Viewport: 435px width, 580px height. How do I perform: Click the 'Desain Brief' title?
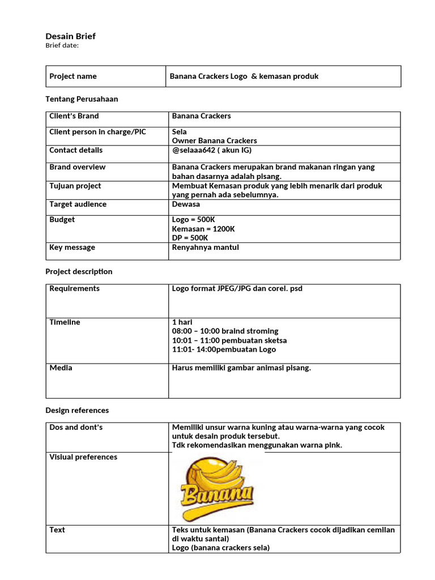point(70,36)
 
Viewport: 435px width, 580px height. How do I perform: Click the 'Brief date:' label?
point(62,46)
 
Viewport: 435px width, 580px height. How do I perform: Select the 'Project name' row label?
point(73,76)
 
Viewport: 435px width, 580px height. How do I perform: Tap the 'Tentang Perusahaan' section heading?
point(82,99)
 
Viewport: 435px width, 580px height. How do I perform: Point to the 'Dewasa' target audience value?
point(186,204)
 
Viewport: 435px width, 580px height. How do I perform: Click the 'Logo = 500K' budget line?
point(193,220)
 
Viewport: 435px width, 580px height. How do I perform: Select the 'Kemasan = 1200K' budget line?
point(203,229)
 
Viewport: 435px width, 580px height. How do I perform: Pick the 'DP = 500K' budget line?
point(190,238)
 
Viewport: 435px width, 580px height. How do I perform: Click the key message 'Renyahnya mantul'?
point(205,248)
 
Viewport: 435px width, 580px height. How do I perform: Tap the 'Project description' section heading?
point(79,272)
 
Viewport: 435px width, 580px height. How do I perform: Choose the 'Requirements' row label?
point(74,289)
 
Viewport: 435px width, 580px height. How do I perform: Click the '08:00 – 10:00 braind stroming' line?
point(225,331)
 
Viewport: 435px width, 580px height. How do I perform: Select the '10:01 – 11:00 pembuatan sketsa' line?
point(229,340)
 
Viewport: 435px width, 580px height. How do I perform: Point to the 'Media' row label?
point(61,368)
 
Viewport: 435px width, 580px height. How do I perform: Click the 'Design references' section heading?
point(77,410)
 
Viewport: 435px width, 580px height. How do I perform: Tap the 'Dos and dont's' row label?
point(76,427)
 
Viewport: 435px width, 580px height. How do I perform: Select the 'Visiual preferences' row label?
point(83,457)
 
